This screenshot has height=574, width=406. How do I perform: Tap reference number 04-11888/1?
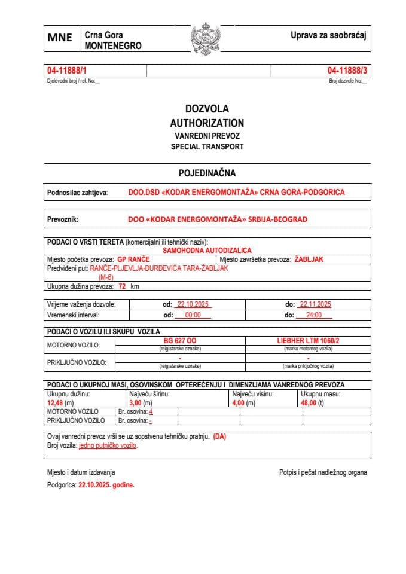coord(67,71)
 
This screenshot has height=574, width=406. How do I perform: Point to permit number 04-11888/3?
coord(347,71)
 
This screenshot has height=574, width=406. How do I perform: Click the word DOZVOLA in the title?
coord(207,109)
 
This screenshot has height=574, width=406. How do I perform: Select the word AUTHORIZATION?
coord(207,123)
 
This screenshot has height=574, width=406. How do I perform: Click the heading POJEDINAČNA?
coord(207,173)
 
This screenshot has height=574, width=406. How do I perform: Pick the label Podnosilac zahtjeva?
coord(77,193)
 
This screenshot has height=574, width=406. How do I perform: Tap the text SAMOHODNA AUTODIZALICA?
coord(207,250)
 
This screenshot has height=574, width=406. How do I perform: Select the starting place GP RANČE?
coord(133,259)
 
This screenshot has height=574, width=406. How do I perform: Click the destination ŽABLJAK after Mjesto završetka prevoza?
coord(309,259)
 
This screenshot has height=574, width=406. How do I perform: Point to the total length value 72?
coord(122,286)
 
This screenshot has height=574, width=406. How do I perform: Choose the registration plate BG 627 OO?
coord(180,340)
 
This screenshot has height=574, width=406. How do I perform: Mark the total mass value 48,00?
coord(311,403)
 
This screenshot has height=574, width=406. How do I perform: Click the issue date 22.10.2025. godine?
coord(106,486)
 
